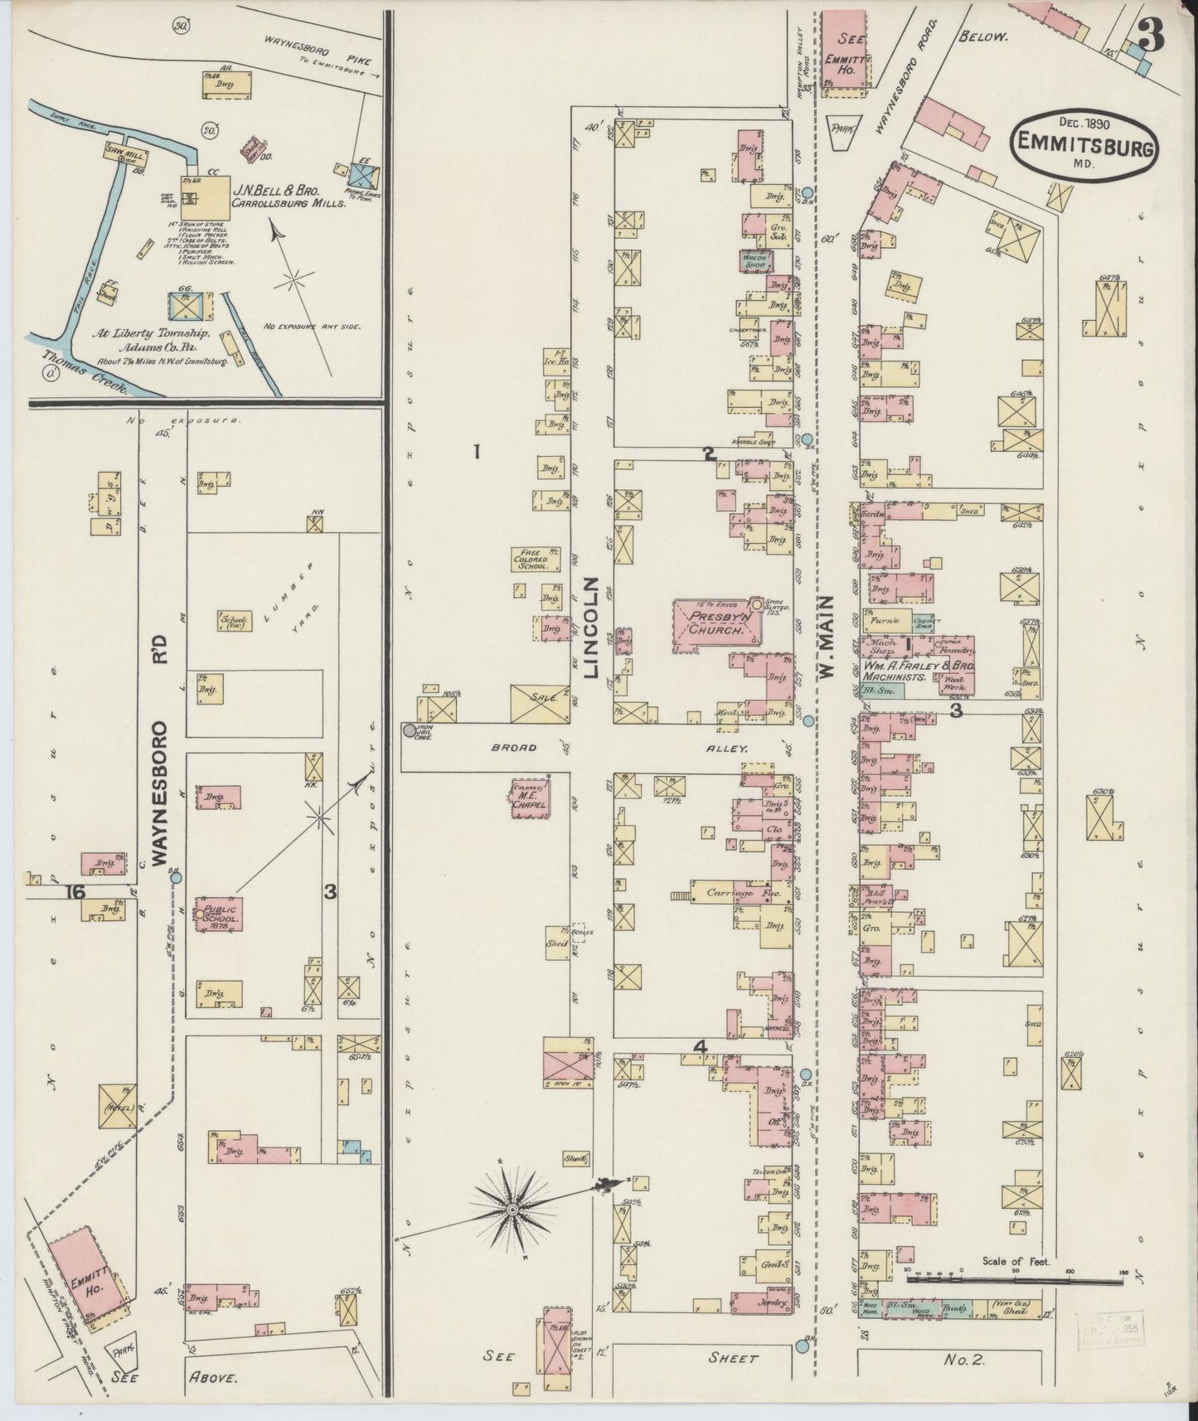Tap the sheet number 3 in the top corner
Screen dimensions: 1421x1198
1152,35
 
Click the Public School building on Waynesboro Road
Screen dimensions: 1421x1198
220,914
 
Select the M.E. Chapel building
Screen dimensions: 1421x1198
531,798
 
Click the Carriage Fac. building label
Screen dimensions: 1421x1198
730,893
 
